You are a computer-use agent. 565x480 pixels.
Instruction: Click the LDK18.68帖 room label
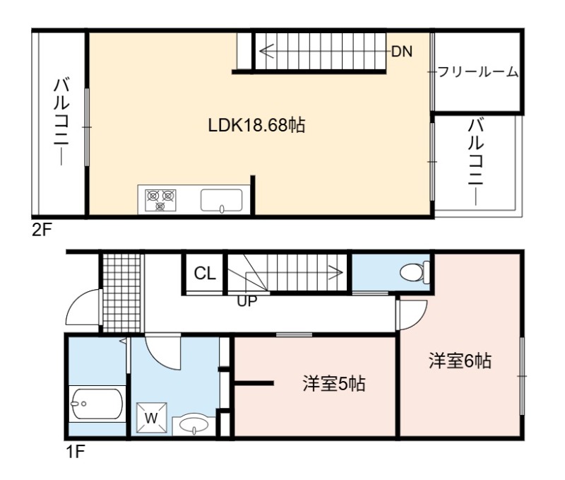click(x=256, y=126)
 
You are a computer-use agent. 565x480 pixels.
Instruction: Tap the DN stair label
click(x=402, y=52)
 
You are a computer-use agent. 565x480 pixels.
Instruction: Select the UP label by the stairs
click(x=246, y=300)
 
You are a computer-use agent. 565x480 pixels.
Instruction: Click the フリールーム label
click(x=478, y=72)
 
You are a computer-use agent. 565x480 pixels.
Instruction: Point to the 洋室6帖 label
click(x=460, y=361)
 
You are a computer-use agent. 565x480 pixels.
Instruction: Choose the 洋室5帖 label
click(x=334, y=384)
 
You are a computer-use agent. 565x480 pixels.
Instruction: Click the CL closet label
click(x=205, y=274)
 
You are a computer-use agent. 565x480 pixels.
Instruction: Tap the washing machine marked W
click(x=151, y=418)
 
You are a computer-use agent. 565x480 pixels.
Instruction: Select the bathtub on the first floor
click(x=97, y=404)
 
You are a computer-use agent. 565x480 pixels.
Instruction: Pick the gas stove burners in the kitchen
click(x=160, y=200)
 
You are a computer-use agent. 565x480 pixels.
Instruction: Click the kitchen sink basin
click(x=222, y=200)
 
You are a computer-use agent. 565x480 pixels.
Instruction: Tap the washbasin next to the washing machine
click(x=194, y=424)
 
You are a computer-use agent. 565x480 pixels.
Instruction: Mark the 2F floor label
click(x=42, y=230)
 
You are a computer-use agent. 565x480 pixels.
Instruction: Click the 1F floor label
click(x=75, y=451)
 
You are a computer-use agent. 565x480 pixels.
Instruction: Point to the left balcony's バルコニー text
click(x=61, y=122)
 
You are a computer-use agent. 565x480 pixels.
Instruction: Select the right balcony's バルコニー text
click(x=475, y=163)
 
